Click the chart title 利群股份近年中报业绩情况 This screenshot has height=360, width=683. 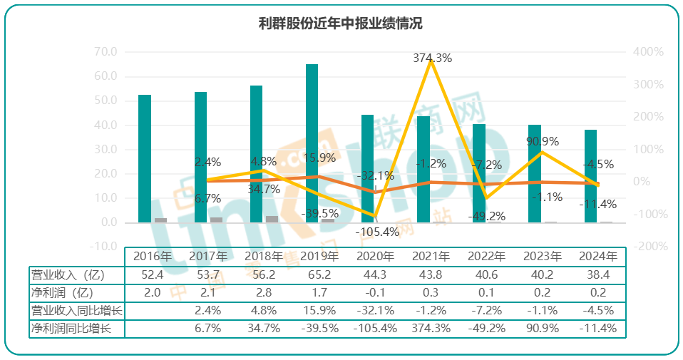(341, 24)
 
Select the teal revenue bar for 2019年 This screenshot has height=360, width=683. (312, 143)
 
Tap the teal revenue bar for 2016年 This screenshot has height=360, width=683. (145, 158)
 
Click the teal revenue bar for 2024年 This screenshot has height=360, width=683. (590, 175)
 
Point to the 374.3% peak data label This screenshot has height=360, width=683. (432, 58)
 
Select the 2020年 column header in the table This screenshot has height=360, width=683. (375, 256)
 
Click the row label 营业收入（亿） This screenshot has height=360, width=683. (67, 274)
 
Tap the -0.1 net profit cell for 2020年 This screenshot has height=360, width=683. (375, 292)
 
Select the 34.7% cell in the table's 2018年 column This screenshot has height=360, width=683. (264, 329)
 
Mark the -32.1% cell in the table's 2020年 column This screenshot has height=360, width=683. (375, 311)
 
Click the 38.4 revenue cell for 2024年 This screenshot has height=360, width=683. (597, 274)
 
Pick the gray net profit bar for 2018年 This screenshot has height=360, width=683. (272, 219)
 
